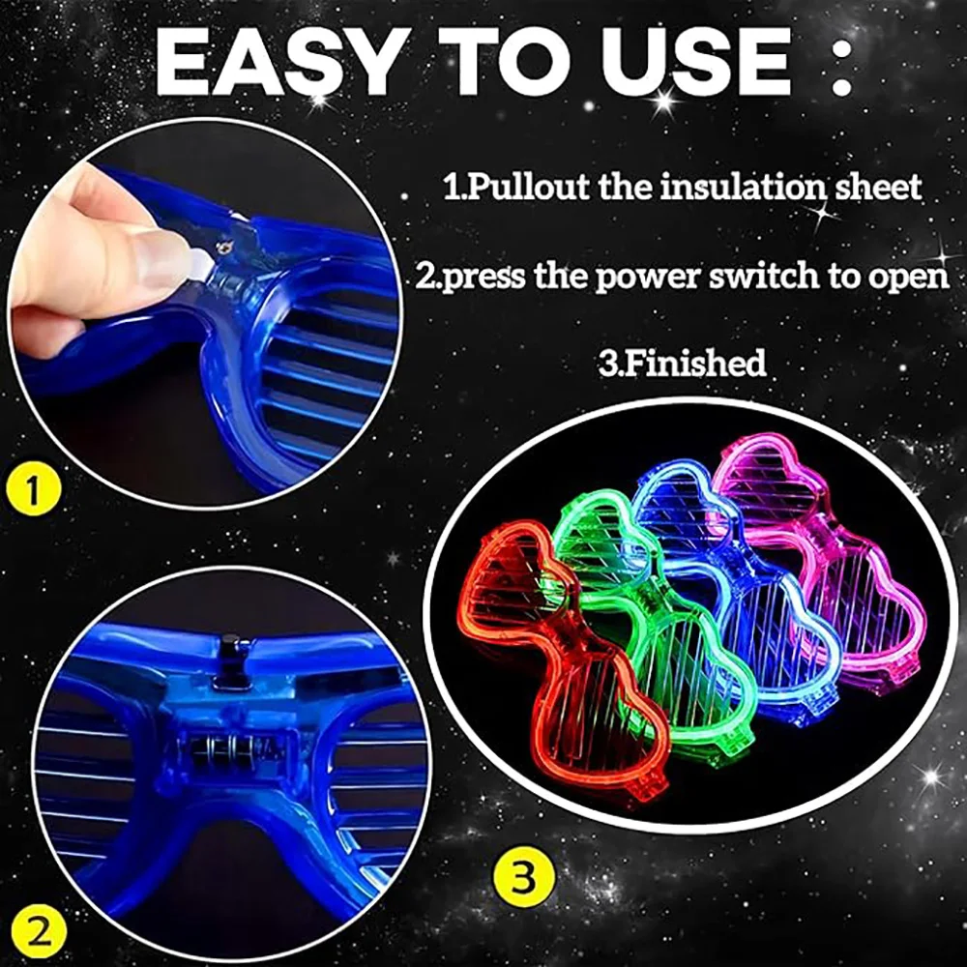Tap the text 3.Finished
click(x=682, y=362)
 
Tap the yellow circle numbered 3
click(x=523, y=878)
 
